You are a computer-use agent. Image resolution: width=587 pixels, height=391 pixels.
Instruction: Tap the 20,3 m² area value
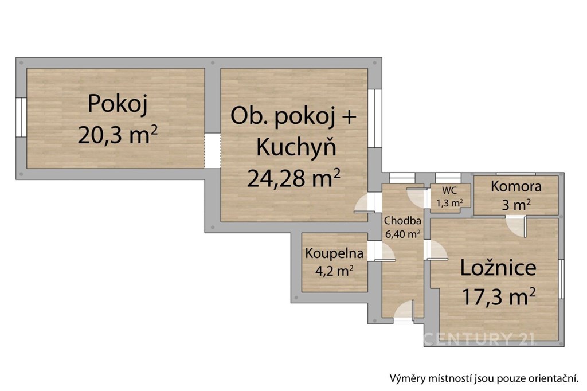point(118,135)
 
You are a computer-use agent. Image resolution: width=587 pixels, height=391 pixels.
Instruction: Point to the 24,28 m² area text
point(294,178)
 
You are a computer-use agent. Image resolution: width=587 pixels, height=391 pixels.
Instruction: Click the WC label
point(449,191)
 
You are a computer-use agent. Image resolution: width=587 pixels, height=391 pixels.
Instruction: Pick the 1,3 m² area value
point(449,203)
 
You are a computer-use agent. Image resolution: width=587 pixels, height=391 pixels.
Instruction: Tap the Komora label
point(516,186)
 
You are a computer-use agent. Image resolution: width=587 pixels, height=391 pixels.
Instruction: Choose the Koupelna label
point(334,253)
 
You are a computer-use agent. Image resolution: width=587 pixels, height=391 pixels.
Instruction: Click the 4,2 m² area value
point(334,271)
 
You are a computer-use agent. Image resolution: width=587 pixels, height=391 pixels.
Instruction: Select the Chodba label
point(402,221)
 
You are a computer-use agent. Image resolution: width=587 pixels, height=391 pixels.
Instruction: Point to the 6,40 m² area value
point(402,234)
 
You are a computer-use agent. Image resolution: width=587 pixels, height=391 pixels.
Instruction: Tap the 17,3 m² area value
point(499,296)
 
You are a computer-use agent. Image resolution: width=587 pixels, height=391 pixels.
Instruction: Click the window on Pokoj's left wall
point(21,117)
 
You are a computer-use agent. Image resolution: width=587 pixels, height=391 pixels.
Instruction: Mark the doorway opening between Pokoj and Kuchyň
point(213,151)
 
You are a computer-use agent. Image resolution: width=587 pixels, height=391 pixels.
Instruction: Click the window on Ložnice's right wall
point(561,279)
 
